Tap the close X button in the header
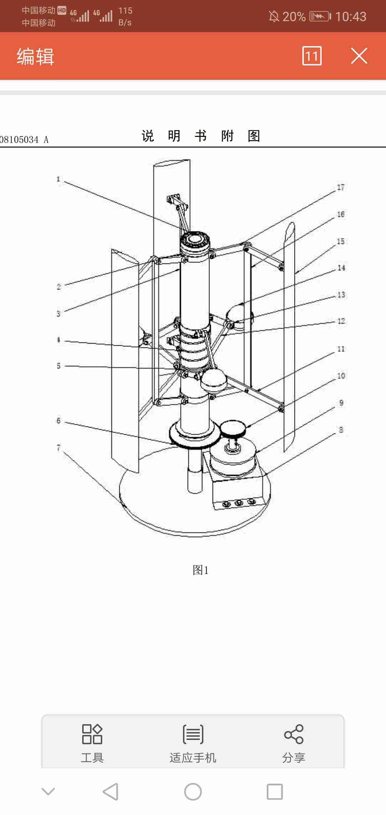click(359, 56)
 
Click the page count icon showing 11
click(312, 56)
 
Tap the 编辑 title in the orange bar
click(35, 56)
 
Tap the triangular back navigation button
click(110, 791)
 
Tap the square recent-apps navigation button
click(275, 792)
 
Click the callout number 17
click(341, 187)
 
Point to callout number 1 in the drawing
click(58, 179)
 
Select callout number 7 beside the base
click(59, 448)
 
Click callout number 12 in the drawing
click(341, 321)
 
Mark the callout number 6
click(59, 420)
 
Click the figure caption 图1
click(201, 570)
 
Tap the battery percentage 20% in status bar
click(294, 16)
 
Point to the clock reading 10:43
click(351, 16)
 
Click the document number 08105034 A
click(24, 140)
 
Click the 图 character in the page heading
click(254, 136)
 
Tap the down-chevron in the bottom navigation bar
click(48, 791)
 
